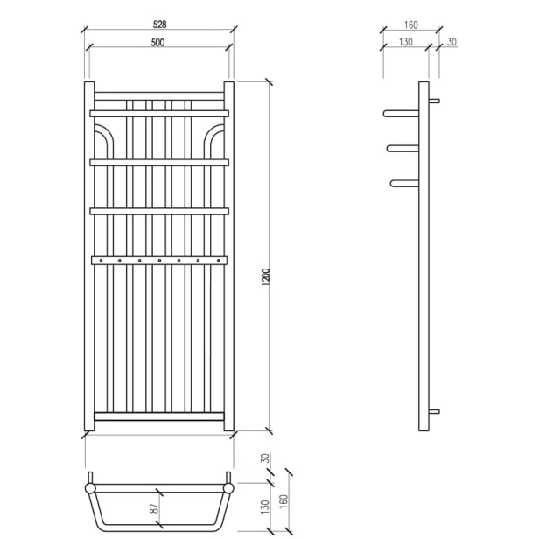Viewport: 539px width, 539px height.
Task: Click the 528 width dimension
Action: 158,24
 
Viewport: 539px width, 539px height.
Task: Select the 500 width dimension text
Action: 158,45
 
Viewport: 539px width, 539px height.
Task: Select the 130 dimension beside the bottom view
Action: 264,509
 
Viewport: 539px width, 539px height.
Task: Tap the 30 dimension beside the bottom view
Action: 264,458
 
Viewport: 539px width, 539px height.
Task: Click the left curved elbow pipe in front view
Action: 104,136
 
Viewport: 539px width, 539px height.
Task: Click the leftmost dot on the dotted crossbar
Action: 101,259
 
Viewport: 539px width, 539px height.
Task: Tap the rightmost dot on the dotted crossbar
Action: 217,259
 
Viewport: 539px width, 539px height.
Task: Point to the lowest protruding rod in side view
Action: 406,182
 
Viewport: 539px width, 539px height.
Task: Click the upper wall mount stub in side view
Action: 435,101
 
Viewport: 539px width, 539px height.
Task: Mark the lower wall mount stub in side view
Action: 435,411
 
